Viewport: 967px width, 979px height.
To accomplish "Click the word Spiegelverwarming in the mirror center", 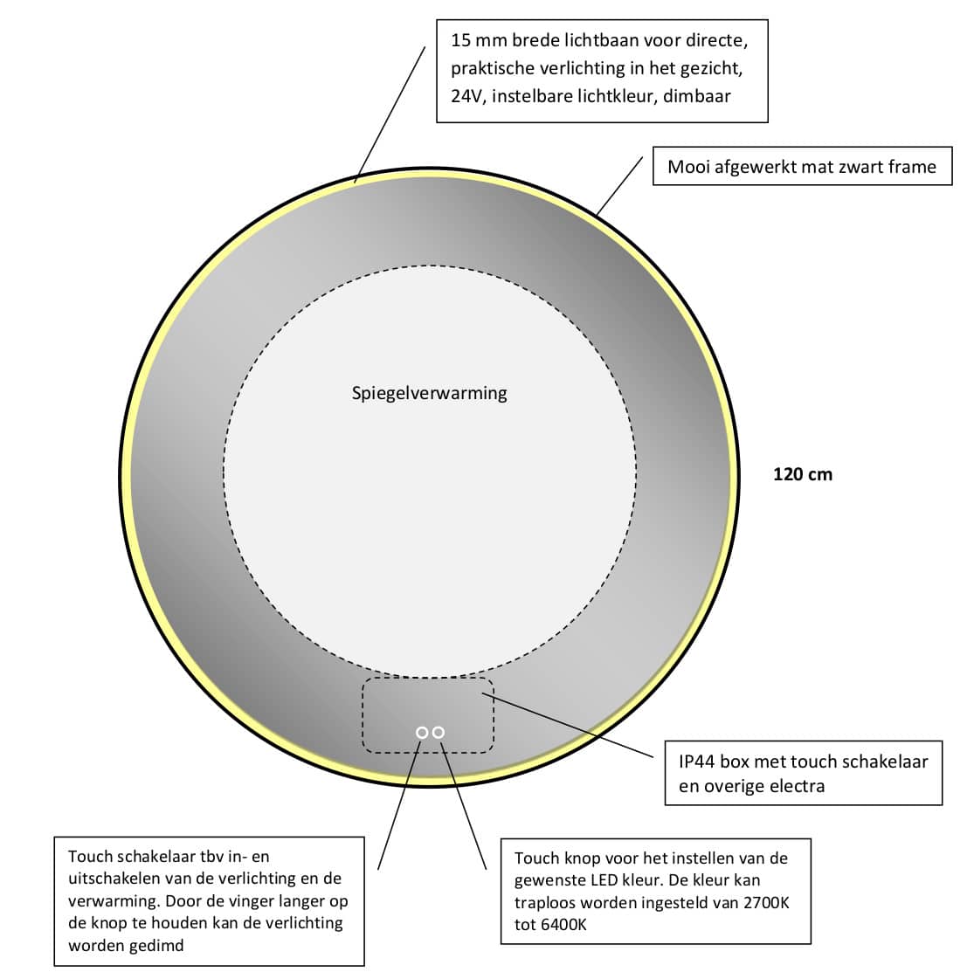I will coord(429,393).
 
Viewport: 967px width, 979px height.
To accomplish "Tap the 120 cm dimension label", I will coord(803,474).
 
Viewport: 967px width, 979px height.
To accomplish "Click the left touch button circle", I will coord(422,732).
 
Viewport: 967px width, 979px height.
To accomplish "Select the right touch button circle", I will coord(439,732).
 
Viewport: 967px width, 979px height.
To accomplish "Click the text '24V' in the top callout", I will coord(466,96).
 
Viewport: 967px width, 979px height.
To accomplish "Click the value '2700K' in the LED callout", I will coord(763,902).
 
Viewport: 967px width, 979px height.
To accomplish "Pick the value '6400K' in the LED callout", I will coord(561,924).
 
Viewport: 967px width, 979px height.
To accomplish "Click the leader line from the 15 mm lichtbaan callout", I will coord(390,114).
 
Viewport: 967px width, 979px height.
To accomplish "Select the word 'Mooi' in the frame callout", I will coord(687,166).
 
